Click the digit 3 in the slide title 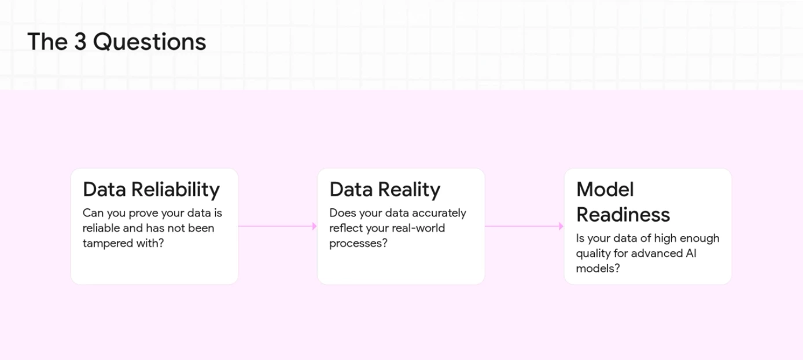80,42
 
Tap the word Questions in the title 149,42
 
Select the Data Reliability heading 151,190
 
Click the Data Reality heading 385,190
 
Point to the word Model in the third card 605,189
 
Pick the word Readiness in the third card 623,215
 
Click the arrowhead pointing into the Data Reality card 314,226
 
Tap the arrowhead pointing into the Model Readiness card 561,226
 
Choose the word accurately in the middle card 439,213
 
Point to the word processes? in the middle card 359,244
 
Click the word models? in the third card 598,269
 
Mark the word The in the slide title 47,42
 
